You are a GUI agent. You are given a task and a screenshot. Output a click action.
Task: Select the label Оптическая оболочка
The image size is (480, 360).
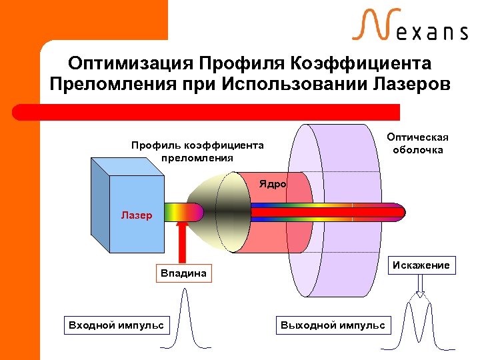click(418, 143)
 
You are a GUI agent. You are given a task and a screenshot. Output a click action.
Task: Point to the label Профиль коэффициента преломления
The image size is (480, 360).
click(197, 151)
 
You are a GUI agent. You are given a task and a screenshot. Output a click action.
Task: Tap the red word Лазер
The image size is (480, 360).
click(137, 215)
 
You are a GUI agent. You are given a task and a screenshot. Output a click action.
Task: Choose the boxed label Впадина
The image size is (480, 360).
click(183, 273)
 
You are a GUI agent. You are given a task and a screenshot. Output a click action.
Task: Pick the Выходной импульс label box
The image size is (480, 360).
click(333, 325)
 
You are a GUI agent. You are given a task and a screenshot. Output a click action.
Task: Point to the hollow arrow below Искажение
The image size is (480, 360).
click(420, 287)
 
